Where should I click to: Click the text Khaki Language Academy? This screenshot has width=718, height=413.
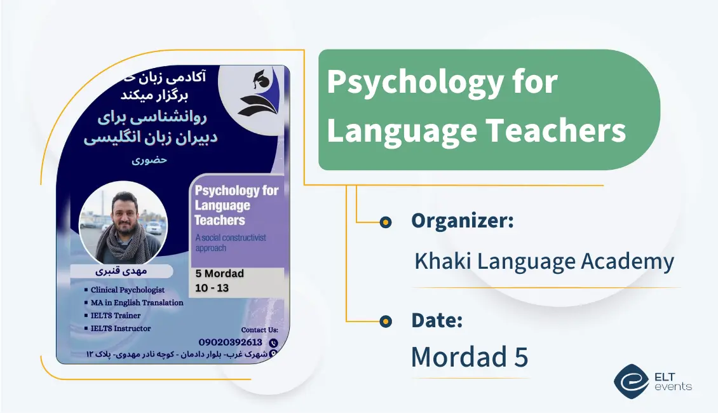click(544, 262)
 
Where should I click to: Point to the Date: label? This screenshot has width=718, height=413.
click(437, 321)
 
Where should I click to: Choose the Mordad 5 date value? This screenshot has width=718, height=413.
click(469, 357)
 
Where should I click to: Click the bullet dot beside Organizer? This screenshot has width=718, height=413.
click(385, 222)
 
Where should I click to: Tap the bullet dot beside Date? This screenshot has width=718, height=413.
click(385, 322)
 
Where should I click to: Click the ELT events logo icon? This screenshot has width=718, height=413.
click(631, 380)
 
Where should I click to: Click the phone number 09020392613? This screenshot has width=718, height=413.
click(230, 342)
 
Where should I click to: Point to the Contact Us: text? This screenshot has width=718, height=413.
click(259, 330)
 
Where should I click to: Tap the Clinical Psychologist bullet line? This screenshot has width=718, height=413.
click(127, 290)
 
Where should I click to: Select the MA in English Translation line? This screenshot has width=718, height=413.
click(137, 302)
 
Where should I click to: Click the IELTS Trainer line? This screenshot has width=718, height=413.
click(116, 315)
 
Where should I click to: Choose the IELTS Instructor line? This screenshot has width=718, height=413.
click(121, 328)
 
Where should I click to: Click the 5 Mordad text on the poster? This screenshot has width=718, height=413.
click(220, 274)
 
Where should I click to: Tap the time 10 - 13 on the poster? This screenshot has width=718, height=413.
click(212, 287)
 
